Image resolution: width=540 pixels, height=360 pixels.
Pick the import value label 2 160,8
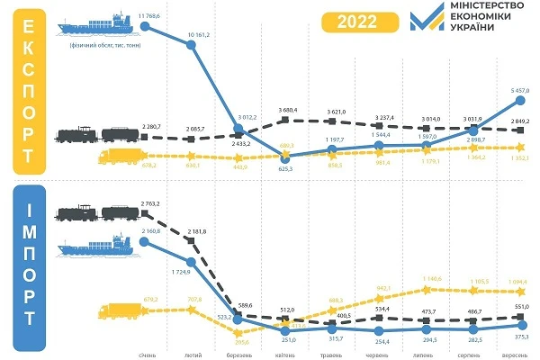pyautogui.click(x=152, y=231)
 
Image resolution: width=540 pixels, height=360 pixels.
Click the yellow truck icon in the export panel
pyautogui.click(x=118, y=159)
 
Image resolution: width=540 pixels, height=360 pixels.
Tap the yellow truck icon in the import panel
pyautogui.click(x=117, y=310)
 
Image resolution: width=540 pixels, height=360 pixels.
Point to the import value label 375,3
pyautogui.click(x=521, y=337)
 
